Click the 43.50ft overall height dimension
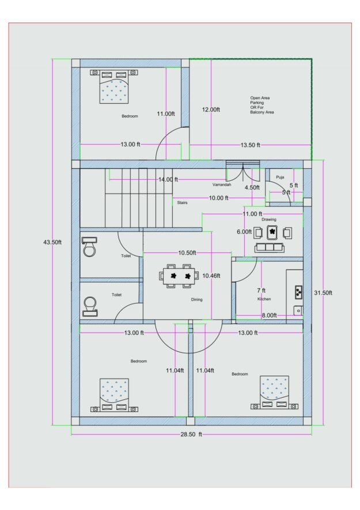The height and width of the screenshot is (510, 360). (52, 242)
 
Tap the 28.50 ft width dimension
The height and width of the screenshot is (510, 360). (191, 434)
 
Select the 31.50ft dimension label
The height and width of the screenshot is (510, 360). (323, 293)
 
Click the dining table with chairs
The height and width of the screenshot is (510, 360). (179, 276)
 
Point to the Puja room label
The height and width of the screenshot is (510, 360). (280, 177)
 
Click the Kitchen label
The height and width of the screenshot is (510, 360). (264, 299)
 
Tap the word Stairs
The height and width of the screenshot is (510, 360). (182, 203)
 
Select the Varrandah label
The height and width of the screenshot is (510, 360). (222, 185)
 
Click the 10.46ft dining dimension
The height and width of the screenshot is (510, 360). (211, 276)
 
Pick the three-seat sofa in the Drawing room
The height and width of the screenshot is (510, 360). (269, 248)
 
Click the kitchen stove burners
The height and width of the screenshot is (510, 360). (298, 292)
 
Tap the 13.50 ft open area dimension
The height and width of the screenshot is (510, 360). (250, 145)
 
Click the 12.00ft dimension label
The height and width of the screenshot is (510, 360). (211, 109)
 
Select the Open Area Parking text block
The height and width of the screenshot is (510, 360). (262, 105)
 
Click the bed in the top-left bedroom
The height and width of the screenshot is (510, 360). (114, 86)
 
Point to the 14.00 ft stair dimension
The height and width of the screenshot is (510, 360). (168, 180)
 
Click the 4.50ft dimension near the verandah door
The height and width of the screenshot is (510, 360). (252, 188)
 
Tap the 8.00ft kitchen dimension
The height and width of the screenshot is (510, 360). (269, 315)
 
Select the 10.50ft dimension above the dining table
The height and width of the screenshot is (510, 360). (187, 253)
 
